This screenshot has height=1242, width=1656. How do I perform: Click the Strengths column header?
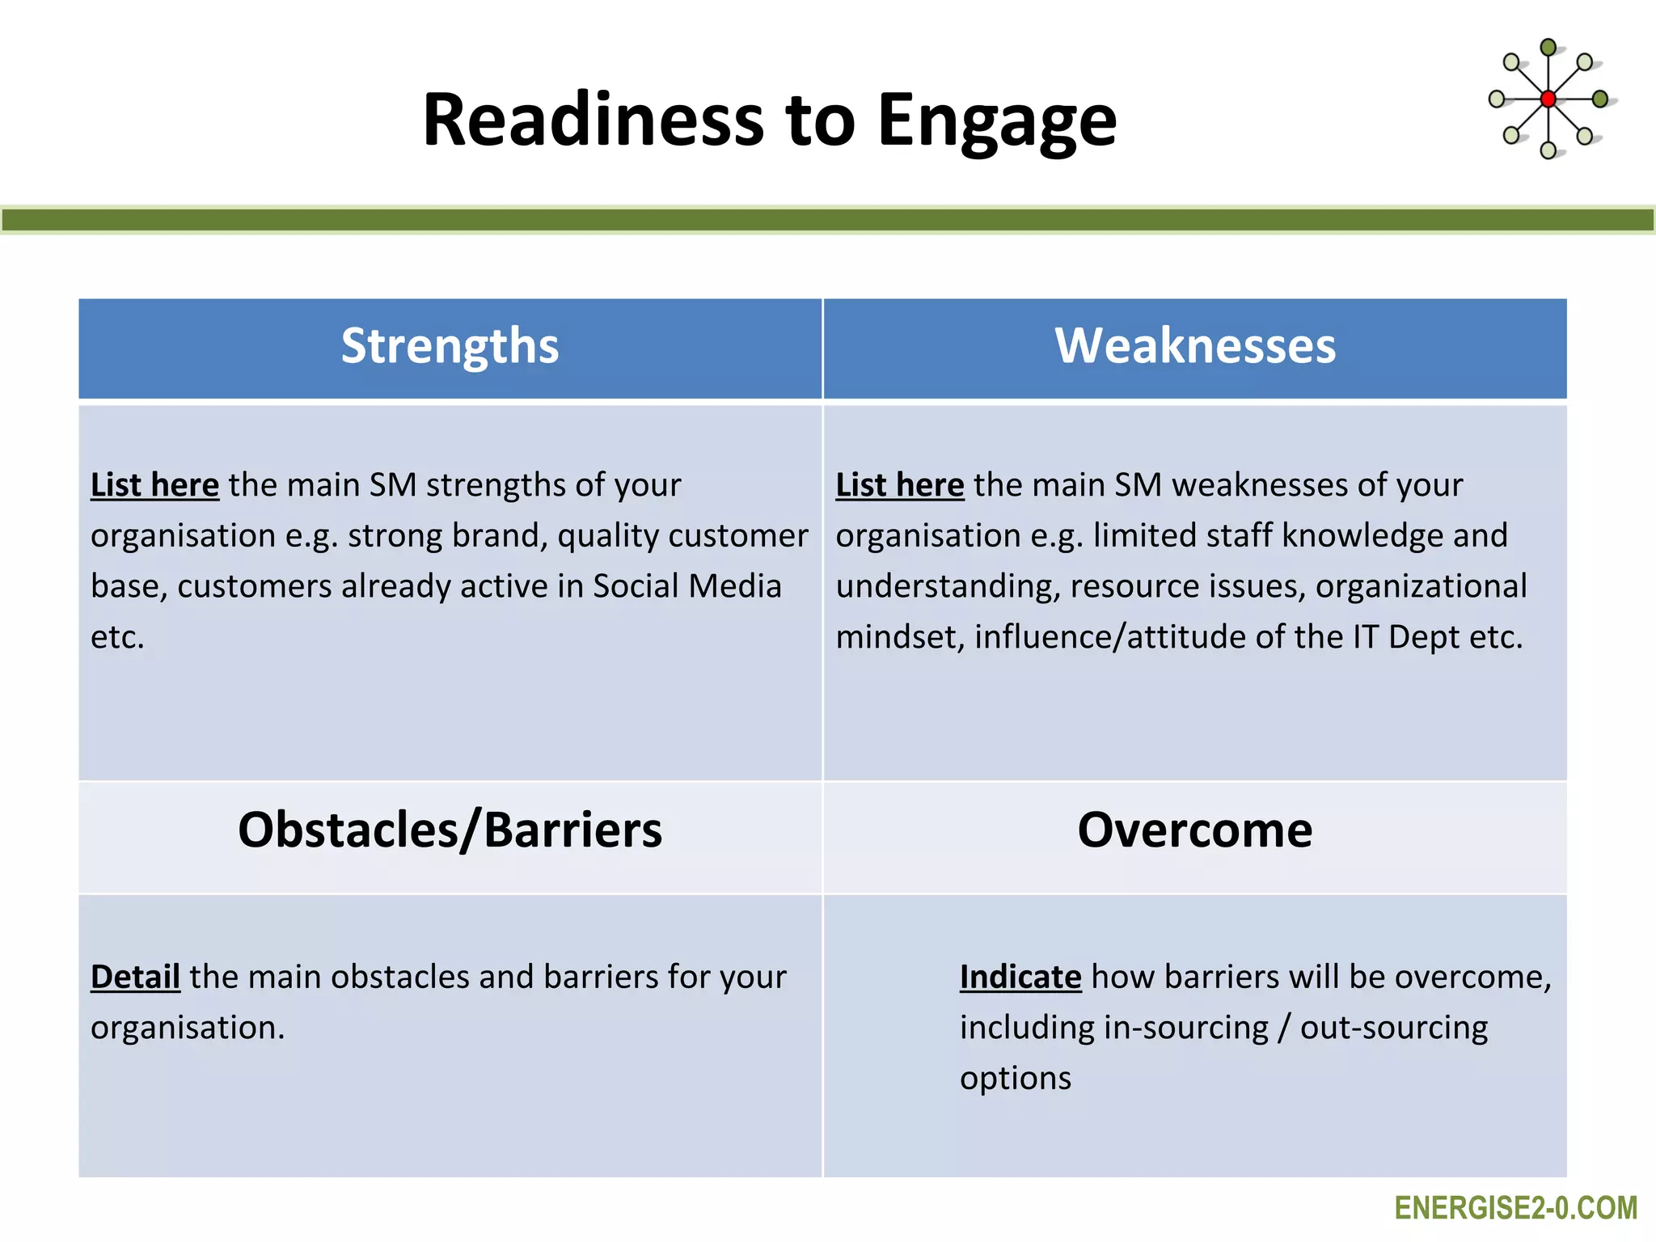[x=450, y=346]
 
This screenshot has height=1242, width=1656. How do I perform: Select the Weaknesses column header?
[x=1195, y=346]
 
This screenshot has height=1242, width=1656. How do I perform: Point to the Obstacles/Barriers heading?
[x=450, y=830]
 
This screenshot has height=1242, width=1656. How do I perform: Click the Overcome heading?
[x=1195, y=830]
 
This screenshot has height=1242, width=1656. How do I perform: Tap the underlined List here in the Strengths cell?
[x=154, y=485]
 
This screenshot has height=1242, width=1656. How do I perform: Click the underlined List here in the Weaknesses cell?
[x=899, y=485]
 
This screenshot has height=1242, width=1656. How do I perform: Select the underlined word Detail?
[x=135, y=977]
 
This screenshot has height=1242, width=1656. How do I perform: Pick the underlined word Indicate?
[x=1020, y=977]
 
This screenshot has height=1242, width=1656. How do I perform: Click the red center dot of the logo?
[x=1548, y=99]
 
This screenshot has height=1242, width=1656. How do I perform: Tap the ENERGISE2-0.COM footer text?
[x=1515, y=1208]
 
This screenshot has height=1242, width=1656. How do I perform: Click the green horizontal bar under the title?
[x=828, y=220]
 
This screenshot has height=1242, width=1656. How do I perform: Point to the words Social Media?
[x=687, y=586]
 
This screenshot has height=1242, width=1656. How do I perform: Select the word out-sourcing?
[x=1393, y=1028]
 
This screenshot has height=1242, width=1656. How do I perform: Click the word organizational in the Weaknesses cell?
[x=1421, y=586]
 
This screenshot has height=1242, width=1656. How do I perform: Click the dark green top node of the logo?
[x=1548, y=48]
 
